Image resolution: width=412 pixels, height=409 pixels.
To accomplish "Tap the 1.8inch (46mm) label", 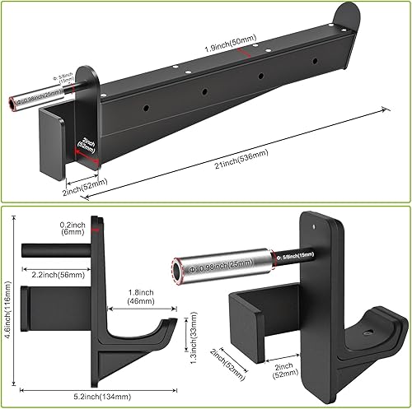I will [x=150, y=296].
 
